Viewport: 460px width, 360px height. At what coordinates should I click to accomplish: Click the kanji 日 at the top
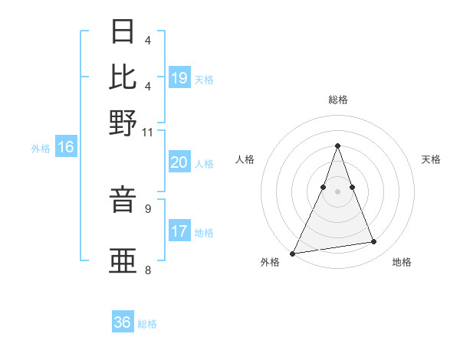(123, 33)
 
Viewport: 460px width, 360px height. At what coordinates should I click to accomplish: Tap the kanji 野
(123, 123)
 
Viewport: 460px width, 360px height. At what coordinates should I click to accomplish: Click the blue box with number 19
(179, 77)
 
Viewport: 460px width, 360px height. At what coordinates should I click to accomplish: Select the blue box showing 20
(179, 162)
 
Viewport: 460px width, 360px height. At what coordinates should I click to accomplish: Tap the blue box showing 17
(179, 231)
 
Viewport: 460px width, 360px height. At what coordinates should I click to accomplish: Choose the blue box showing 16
(66, 148)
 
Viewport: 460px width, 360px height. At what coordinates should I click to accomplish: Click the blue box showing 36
(123, 322)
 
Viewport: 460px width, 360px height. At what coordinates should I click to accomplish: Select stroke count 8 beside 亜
(147, 269)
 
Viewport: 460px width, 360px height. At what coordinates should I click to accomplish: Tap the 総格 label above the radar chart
(337, 100)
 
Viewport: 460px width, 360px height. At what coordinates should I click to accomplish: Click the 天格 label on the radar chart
(431, 159)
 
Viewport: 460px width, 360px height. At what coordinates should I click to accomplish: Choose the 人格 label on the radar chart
(245, 159)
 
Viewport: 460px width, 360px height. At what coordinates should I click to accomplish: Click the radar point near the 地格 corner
(374, 242)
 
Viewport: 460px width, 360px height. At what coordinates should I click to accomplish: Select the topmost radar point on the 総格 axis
(337, 146)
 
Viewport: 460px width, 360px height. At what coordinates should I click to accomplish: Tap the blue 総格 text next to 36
(147, 324)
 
